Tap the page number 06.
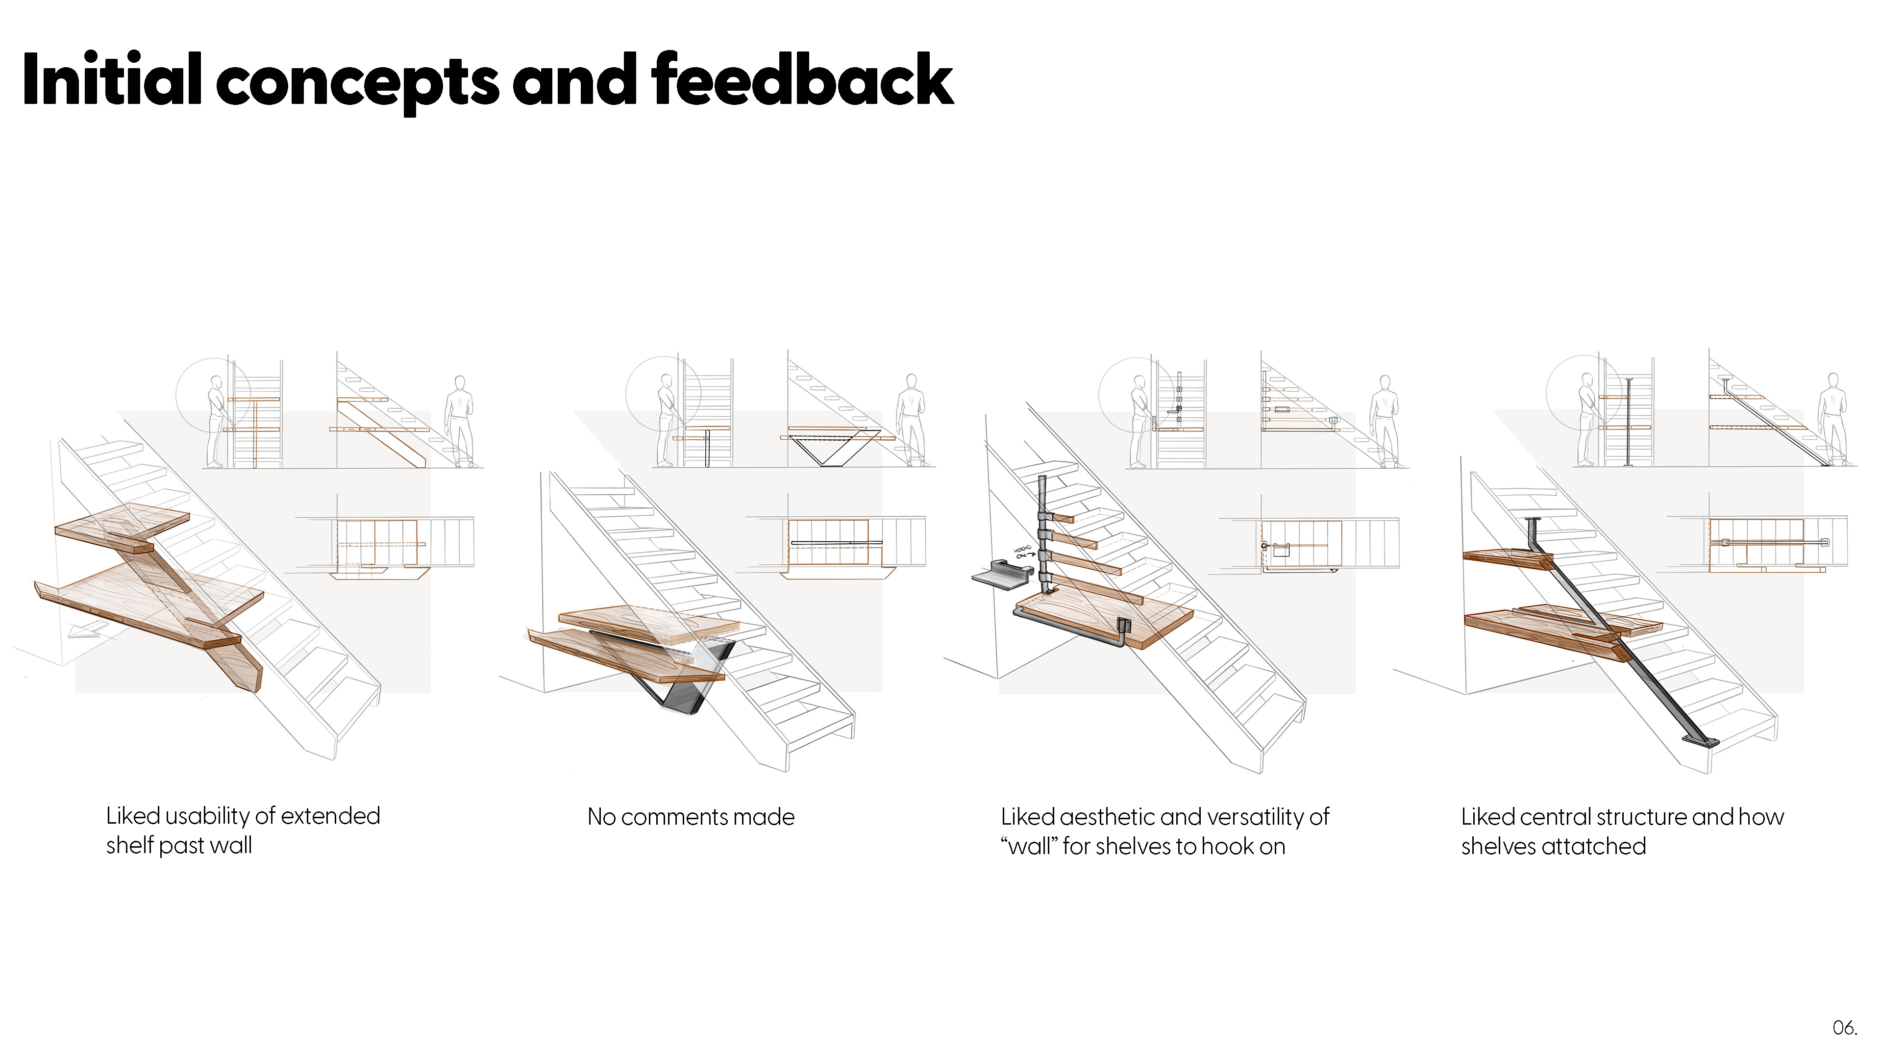coord(1844,1028)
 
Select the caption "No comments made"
coord(691,816)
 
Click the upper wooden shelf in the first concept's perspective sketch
coord(124,523)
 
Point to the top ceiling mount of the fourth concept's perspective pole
coord(1533,520)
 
